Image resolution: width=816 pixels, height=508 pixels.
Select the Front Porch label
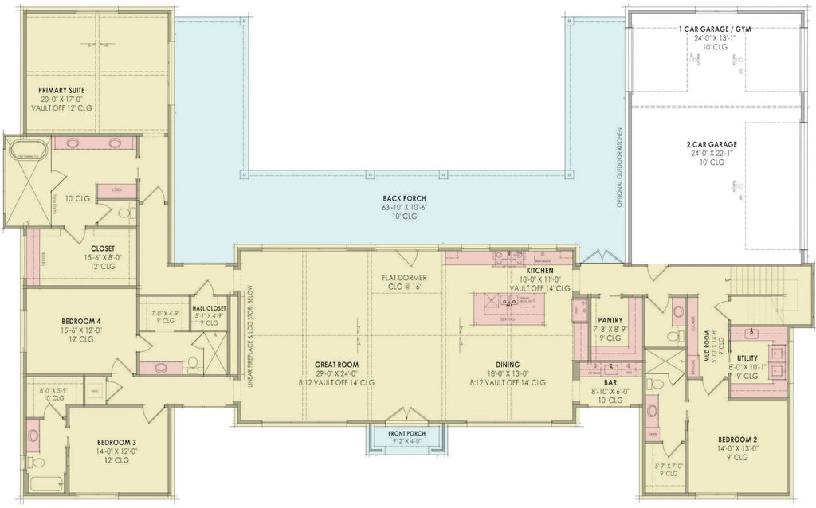(x=407, y=433)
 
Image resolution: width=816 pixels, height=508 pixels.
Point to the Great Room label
(x=336, y=364)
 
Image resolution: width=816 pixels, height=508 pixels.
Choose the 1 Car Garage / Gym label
(x=716, y=29)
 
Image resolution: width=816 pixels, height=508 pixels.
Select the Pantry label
(x=609, y=320)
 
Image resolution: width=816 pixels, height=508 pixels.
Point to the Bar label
(x=609, y=381)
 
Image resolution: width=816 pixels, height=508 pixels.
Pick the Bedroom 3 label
(x=116, y=441)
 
